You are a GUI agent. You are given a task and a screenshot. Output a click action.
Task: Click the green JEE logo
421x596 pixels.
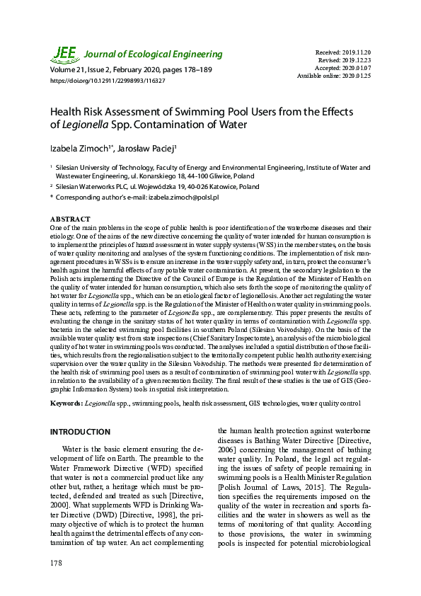(64, 54)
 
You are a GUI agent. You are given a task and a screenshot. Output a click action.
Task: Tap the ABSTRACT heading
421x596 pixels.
(70, 219)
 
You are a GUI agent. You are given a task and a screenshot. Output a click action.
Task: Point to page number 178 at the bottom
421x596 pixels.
(57, 563)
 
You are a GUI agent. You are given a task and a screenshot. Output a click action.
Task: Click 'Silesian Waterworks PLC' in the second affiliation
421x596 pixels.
(95, 187)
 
